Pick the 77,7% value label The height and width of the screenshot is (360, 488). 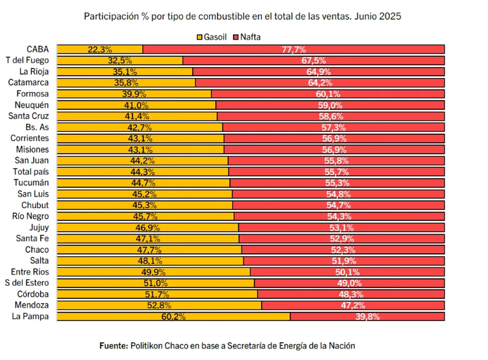[x=294, y=50]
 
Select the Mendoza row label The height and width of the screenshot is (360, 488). [x=32, y=305]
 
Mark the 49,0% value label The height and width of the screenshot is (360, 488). [x=349, y=283]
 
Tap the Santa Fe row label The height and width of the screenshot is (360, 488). [x=33, y=238]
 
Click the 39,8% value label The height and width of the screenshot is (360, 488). [x=367, y=316]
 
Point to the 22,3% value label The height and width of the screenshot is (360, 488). [x=100, y=50]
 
